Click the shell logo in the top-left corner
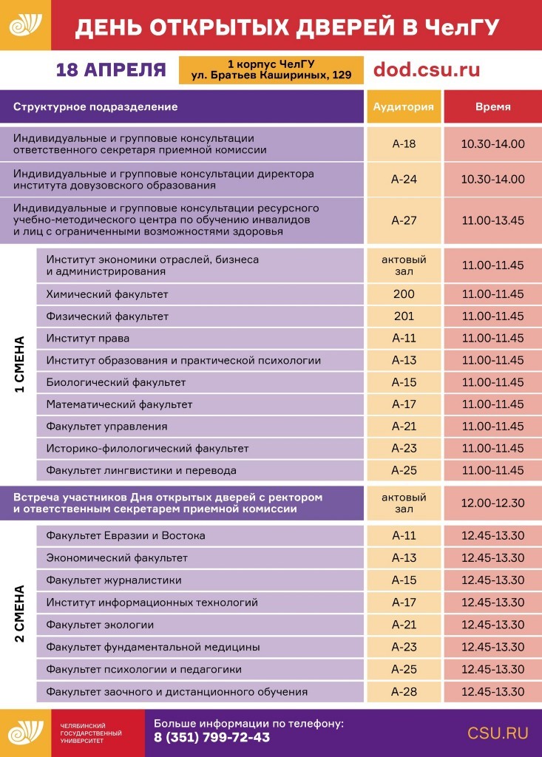click(25, 24)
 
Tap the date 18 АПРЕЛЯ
click(111, 70)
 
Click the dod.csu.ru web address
click(427, 69)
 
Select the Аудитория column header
click(404, 106)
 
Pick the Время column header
click(492, 106)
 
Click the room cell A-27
click(404, 220)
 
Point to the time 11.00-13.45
click(492, 220)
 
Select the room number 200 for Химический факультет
click(404, 294)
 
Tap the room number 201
click(404, 316)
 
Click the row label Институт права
click(87, 339)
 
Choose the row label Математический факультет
click(119, 404)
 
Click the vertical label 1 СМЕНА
click(19, 364)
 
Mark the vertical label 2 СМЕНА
click(19, 614)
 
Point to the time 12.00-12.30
click(492, 503)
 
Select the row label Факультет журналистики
click(114, 580)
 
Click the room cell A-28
click(404, 692)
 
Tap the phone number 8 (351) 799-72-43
click(211, 738)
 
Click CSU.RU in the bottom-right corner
click(498, 733)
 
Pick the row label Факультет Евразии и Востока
click(126, 535)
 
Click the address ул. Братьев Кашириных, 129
click(271, 75)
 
